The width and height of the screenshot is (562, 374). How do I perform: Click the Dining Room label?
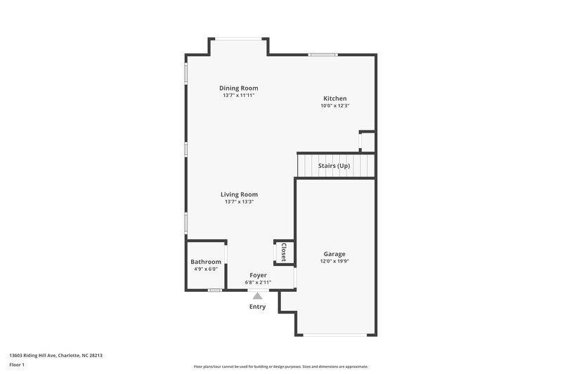tap(239, 88)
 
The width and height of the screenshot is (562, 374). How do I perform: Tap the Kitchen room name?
tap(334, 98)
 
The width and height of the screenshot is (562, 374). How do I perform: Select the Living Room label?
tap(239, 194)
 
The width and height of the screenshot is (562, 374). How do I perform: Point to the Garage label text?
tap(334, 253)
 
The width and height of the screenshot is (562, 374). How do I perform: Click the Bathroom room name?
tap(206, 262)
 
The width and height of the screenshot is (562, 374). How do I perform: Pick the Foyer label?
tap(258, 275)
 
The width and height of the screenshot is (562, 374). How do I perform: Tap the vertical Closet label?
tap(284, 252)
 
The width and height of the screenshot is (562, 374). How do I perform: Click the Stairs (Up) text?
tap(334, 166)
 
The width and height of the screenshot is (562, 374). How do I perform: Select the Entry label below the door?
tap(258, 307)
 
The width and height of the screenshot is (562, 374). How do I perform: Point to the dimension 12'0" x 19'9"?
tap(334, 261)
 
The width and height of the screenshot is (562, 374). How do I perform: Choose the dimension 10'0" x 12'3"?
tap(334, 106)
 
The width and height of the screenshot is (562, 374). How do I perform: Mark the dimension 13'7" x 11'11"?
tap(239, 95)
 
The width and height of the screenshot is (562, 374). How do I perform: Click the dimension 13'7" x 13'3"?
tap(239, 202)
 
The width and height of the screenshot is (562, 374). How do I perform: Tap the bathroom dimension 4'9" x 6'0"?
tap(206, 269)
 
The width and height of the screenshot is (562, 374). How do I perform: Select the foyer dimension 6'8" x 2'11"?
tap(258, 282)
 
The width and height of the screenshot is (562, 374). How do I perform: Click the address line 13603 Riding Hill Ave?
tap(55, 355)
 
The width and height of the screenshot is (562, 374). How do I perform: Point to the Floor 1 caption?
tap(17, 365)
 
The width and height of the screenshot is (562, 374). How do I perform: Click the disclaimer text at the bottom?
tap(280, 366)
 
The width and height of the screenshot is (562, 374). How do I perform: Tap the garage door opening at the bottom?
tap(334, 335)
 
